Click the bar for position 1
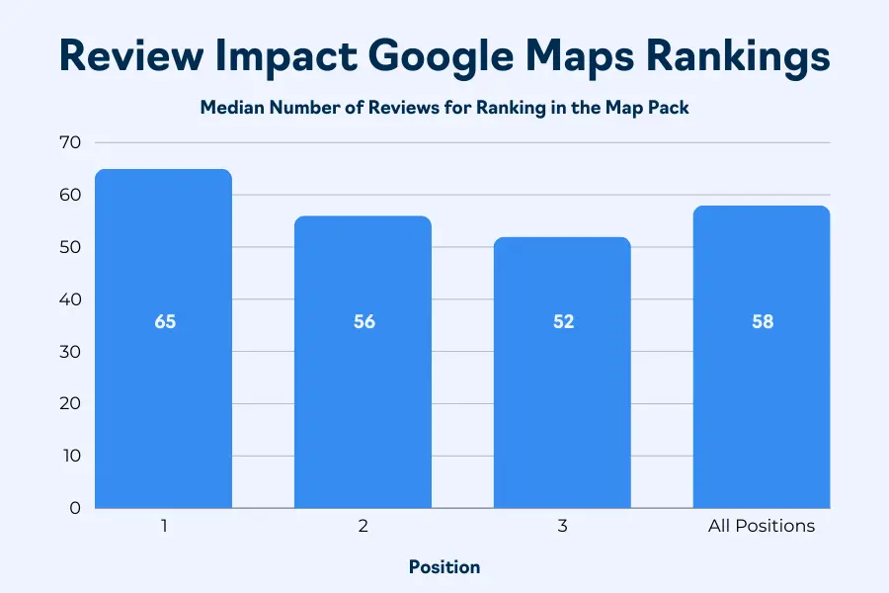pyautogui.click(x=164, y=395)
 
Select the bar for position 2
pyautogui.click(x=364, y=415)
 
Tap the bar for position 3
pyautogui.click(x=563, y=415)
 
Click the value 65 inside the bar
pyautogui.click(x=165, y=322)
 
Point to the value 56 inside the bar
pyautogui.click(x=364, y=322)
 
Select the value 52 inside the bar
pyautogui.click(x=563, y=322)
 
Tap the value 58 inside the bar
pyautogui.click(x=762, y=322)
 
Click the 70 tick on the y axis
pyautogui.click(x=69, y=142)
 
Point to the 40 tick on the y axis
pyautogui.click(x=69, y=299)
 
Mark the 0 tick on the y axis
pyautogui.click(x=74, y=508)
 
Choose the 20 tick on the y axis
pyautogui.click(x=69, y=403)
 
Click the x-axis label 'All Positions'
pyautogui.click(x=762, y=526)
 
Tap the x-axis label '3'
pyautogui.click(x=563, y=526)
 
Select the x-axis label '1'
pyautogui.click(x=164, y=526)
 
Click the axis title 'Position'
pyautogui.click(x=444, y=567)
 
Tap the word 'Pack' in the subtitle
pyautogui.click(x=668, y=108)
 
